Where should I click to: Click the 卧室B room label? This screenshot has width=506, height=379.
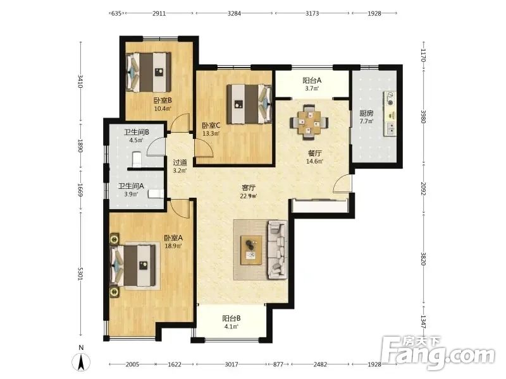163,100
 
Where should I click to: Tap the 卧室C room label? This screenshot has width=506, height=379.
211,125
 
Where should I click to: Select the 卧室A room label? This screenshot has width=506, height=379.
173,238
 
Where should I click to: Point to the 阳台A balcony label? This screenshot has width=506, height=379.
312,80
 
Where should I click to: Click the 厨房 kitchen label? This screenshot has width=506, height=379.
366,113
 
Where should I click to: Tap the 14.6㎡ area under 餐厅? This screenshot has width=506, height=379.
314,162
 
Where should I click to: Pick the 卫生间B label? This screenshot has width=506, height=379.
137,132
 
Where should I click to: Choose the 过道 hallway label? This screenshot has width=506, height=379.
180,162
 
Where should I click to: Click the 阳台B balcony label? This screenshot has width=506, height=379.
231,318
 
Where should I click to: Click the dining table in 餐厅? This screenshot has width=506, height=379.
309,122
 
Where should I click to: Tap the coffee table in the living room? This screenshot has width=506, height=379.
251,250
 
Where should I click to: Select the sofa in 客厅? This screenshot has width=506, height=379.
277,250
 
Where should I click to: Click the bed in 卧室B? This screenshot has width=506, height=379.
149,72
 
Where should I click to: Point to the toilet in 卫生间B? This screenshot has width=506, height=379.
137,159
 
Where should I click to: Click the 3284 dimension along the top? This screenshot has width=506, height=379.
234,13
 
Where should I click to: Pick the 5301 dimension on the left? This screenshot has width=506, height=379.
81,274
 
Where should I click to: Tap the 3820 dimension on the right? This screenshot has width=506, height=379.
423,258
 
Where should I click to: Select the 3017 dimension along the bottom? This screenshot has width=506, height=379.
231,364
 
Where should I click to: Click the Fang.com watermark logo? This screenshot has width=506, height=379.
438,353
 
